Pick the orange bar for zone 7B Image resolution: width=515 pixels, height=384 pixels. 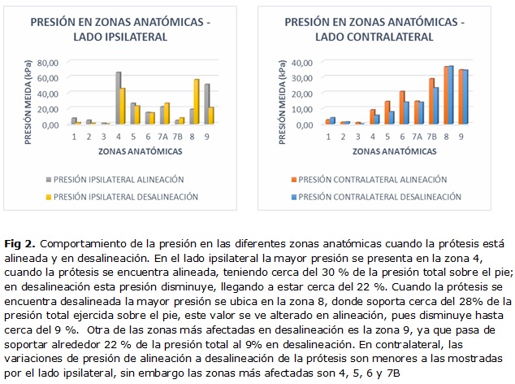432,102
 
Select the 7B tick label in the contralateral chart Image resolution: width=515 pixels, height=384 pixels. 433,137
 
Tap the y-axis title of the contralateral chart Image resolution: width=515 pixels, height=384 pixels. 283,94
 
